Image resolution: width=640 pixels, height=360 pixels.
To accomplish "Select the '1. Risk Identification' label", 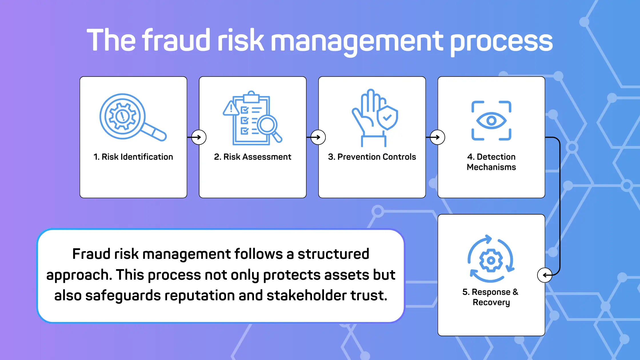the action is click(133, 157).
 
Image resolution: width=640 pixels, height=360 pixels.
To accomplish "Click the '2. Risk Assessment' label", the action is click(253, 157).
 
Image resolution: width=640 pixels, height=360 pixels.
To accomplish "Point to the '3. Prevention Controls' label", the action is click(372, 157).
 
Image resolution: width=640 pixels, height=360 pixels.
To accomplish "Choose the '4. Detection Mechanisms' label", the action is click(491, 162).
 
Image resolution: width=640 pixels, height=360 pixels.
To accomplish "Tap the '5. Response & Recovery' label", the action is click(491, 297).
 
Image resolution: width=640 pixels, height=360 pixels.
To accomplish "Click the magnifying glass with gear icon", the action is click(133, 117).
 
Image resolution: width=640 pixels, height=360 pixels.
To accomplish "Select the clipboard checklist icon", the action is click(252, 118).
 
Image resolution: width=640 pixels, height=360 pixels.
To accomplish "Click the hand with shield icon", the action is click(375, 118).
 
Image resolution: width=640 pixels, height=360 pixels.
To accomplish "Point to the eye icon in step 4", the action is click(491, 121).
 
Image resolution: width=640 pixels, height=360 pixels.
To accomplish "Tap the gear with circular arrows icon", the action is click(491, 259).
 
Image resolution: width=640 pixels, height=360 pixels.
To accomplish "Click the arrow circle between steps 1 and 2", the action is click(199, 137).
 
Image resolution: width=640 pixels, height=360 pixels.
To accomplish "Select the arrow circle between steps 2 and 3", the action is click(318, 137).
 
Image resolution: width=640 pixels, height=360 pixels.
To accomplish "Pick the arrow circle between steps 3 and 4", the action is click(437, 137).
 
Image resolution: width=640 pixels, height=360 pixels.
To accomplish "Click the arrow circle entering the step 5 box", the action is click(545, 275).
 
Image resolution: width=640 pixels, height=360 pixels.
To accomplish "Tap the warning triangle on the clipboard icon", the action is click(231, 108).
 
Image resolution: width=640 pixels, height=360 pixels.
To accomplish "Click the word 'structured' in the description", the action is click(333, 254).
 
